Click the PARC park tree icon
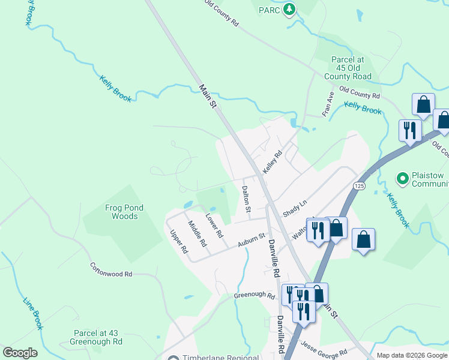coord(290,10)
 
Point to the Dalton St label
coord(246,199)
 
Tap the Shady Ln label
coord(295,211)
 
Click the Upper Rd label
coord(179,242)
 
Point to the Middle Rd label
coord(197,234)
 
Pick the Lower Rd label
coord(214,225)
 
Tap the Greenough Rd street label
coord(253,295)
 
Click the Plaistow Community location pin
coord(402,178)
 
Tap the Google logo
coord(20,353)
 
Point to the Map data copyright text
coord(412,355)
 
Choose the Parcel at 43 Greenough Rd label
coord(98,337)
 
